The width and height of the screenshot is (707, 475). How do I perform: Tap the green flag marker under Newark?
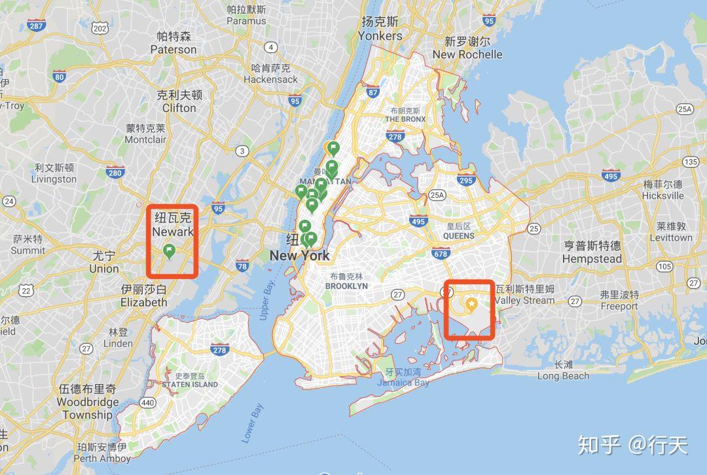click(x=170, y=251)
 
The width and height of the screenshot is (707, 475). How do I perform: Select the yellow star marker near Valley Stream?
click(x=471, y=304)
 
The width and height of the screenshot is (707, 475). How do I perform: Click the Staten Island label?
click(x=190, y=384)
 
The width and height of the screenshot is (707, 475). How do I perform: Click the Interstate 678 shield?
click(x=441, y=252)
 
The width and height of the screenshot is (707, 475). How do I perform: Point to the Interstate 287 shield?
click(x=37, y=26)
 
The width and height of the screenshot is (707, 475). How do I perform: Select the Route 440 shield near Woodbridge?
click(x=148, y=402)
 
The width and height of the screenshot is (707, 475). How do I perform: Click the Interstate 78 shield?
click(x=242, y=266)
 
